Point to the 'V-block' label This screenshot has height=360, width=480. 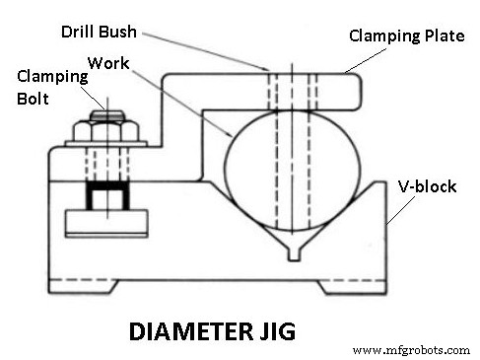[x=426, y=185]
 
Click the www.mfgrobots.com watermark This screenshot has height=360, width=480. [x=411, y=349]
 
